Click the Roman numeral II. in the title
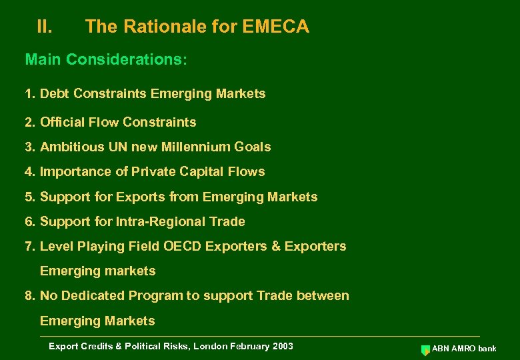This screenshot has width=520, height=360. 45,27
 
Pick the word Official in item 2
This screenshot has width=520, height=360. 61,122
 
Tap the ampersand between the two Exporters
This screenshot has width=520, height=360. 276,246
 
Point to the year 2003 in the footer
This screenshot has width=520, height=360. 282,346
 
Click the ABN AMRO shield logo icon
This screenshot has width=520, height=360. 425,350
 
